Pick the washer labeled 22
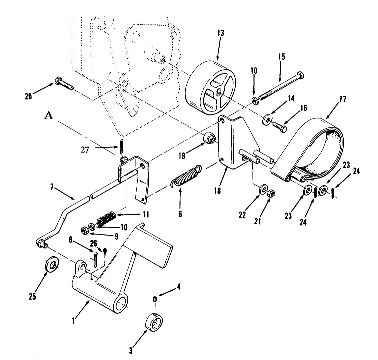point(263,191)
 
